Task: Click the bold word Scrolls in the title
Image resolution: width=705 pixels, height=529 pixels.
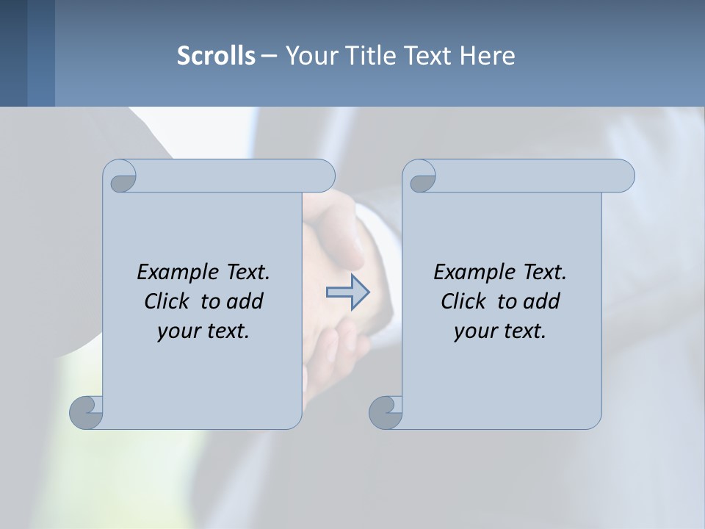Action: [217, 55]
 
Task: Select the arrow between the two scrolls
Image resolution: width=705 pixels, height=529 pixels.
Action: [347, 292]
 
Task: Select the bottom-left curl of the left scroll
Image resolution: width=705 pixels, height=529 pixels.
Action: [87, 413]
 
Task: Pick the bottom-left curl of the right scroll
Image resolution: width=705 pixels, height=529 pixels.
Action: [386, 413]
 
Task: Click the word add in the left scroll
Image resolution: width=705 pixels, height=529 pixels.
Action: [245, 301]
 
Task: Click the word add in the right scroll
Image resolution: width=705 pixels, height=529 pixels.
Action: [541, 301]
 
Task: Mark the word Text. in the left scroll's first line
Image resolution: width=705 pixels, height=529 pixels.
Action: [245, 272]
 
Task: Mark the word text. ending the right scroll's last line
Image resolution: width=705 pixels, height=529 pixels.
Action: [522, 331]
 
